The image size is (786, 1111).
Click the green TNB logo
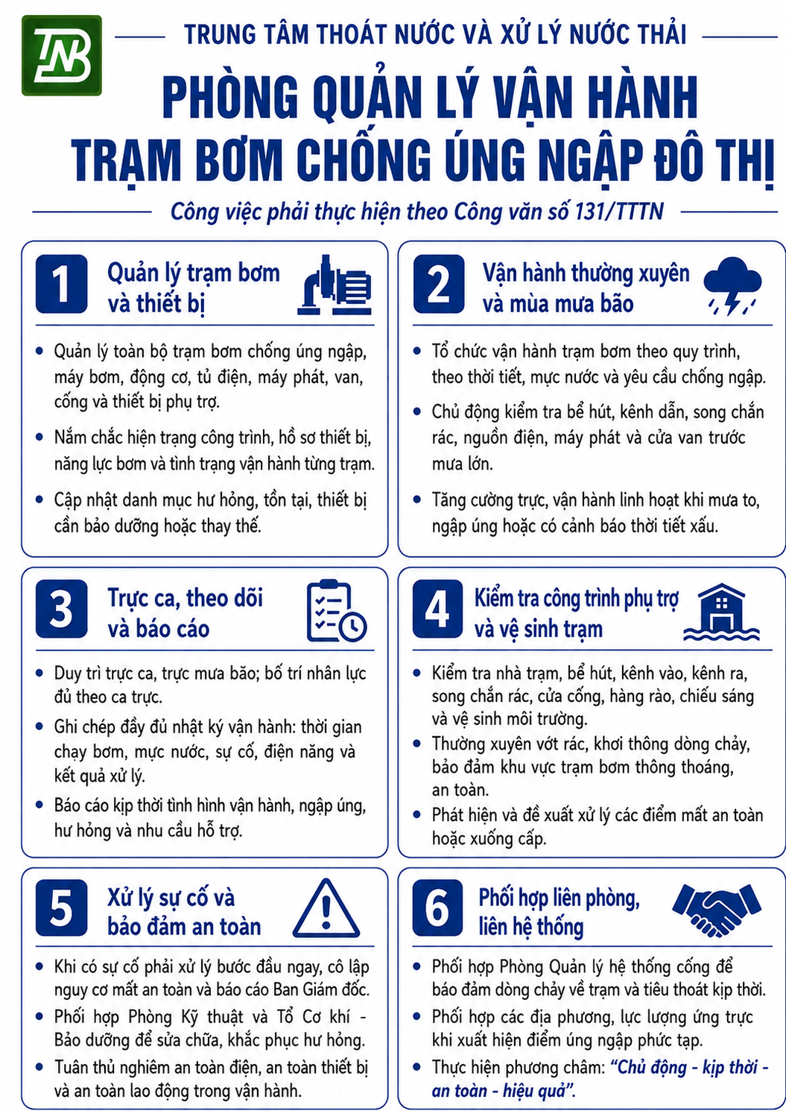[x=62, y=55]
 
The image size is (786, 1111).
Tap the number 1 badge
[x=62, y=284]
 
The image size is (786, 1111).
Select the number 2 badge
[x=438, y=284]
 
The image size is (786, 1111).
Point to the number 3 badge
[x=62, y=609]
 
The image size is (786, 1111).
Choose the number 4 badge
[x=437, y=609]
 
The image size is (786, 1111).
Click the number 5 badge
[x=62, y=908]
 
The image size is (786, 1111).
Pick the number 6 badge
[x=437, y=908]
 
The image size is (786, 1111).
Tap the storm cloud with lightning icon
[x=732, y=285]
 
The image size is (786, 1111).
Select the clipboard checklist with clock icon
[x=337, y=610]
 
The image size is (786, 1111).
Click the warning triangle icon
[x=326, y=908]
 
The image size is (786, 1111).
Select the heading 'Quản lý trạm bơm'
[x=194, y=273]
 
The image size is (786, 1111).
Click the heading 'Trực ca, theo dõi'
[x=185, y=598]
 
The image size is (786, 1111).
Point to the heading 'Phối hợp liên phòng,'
[x=559, y=898]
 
